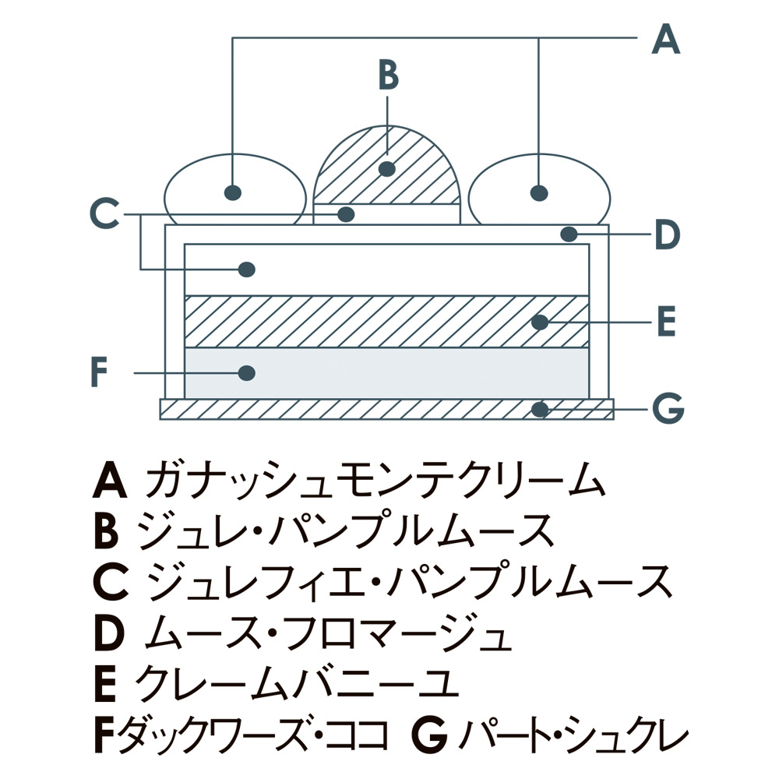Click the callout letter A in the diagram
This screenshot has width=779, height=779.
[x=665, y=38]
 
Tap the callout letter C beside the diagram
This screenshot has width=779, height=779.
[x=104, y=213]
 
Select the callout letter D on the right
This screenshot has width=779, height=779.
[x=667, y=234]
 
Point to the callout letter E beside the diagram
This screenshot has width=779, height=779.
[x=666, y=321]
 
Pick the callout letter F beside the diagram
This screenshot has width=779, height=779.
[x=97, y=372]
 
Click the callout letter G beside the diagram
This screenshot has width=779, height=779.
[x=666, y=407]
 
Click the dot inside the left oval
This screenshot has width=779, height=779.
[x=232, y=192]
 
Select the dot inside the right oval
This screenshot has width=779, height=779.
[x=538, y=192]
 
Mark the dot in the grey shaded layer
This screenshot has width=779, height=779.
[x=247, y=373]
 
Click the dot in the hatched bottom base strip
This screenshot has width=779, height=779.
[x=539, y=408]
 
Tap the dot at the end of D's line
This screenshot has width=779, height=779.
[x=569, y=233]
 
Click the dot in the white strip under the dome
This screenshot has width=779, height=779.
[x=347, y=213]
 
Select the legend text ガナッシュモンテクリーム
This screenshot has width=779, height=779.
[x=375, y=481]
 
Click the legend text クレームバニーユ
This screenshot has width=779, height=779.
[x=296, y=683]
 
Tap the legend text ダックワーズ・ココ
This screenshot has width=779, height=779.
[x=253, y=734]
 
